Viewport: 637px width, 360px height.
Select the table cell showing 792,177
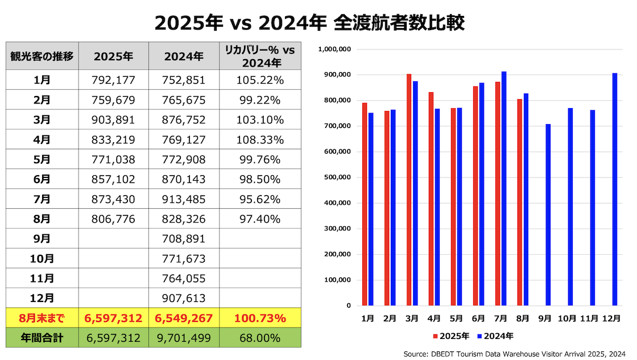tap(113, 80)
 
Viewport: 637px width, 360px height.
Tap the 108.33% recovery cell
tap(260, 139)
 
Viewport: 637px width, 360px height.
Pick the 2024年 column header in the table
tap(184, 56)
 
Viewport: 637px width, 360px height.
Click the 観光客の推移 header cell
tap(42, 56)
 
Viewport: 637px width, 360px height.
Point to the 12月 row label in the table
tap(42, 298)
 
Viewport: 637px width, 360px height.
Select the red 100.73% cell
tap(260, 318)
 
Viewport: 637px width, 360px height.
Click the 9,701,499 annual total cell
tap(184, 338)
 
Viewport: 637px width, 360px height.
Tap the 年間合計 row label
tap(42, 338)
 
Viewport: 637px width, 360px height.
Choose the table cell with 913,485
tap(184, 199)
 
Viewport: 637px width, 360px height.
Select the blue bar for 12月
tap(615, 189)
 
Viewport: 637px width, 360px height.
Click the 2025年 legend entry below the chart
tap(452, 336)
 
